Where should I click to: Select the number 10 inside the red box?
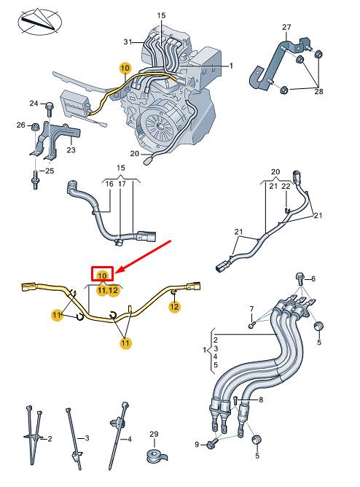[x=102, y=275]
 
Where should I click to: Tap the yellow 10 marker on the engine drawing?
[x=125, y=68]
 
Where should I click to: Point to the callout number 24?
[x=34, y=103]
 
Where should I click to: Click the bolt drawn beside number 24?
[x=50, y=109]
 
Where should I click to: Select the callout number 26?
[x=20, y=125]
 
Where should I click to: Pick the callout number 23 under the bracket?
[x=71, y=151]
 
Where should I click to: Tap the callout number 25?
[x=50, y=171]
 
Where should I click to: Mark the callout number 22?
[x=286, y=187]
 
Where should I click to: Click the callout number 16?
[x=108, y=185]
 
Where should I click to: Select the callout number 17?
[x=122, y=185]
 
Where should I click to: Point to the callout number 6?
[x=313, y=279]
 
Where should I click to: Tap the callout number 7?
[x=251, y=309]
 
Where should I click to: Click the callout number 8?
[x=261, y=399]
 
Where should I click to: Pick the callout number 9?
[x=197, y=444]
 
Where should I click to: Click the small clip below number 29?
[x=154, y=456]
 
